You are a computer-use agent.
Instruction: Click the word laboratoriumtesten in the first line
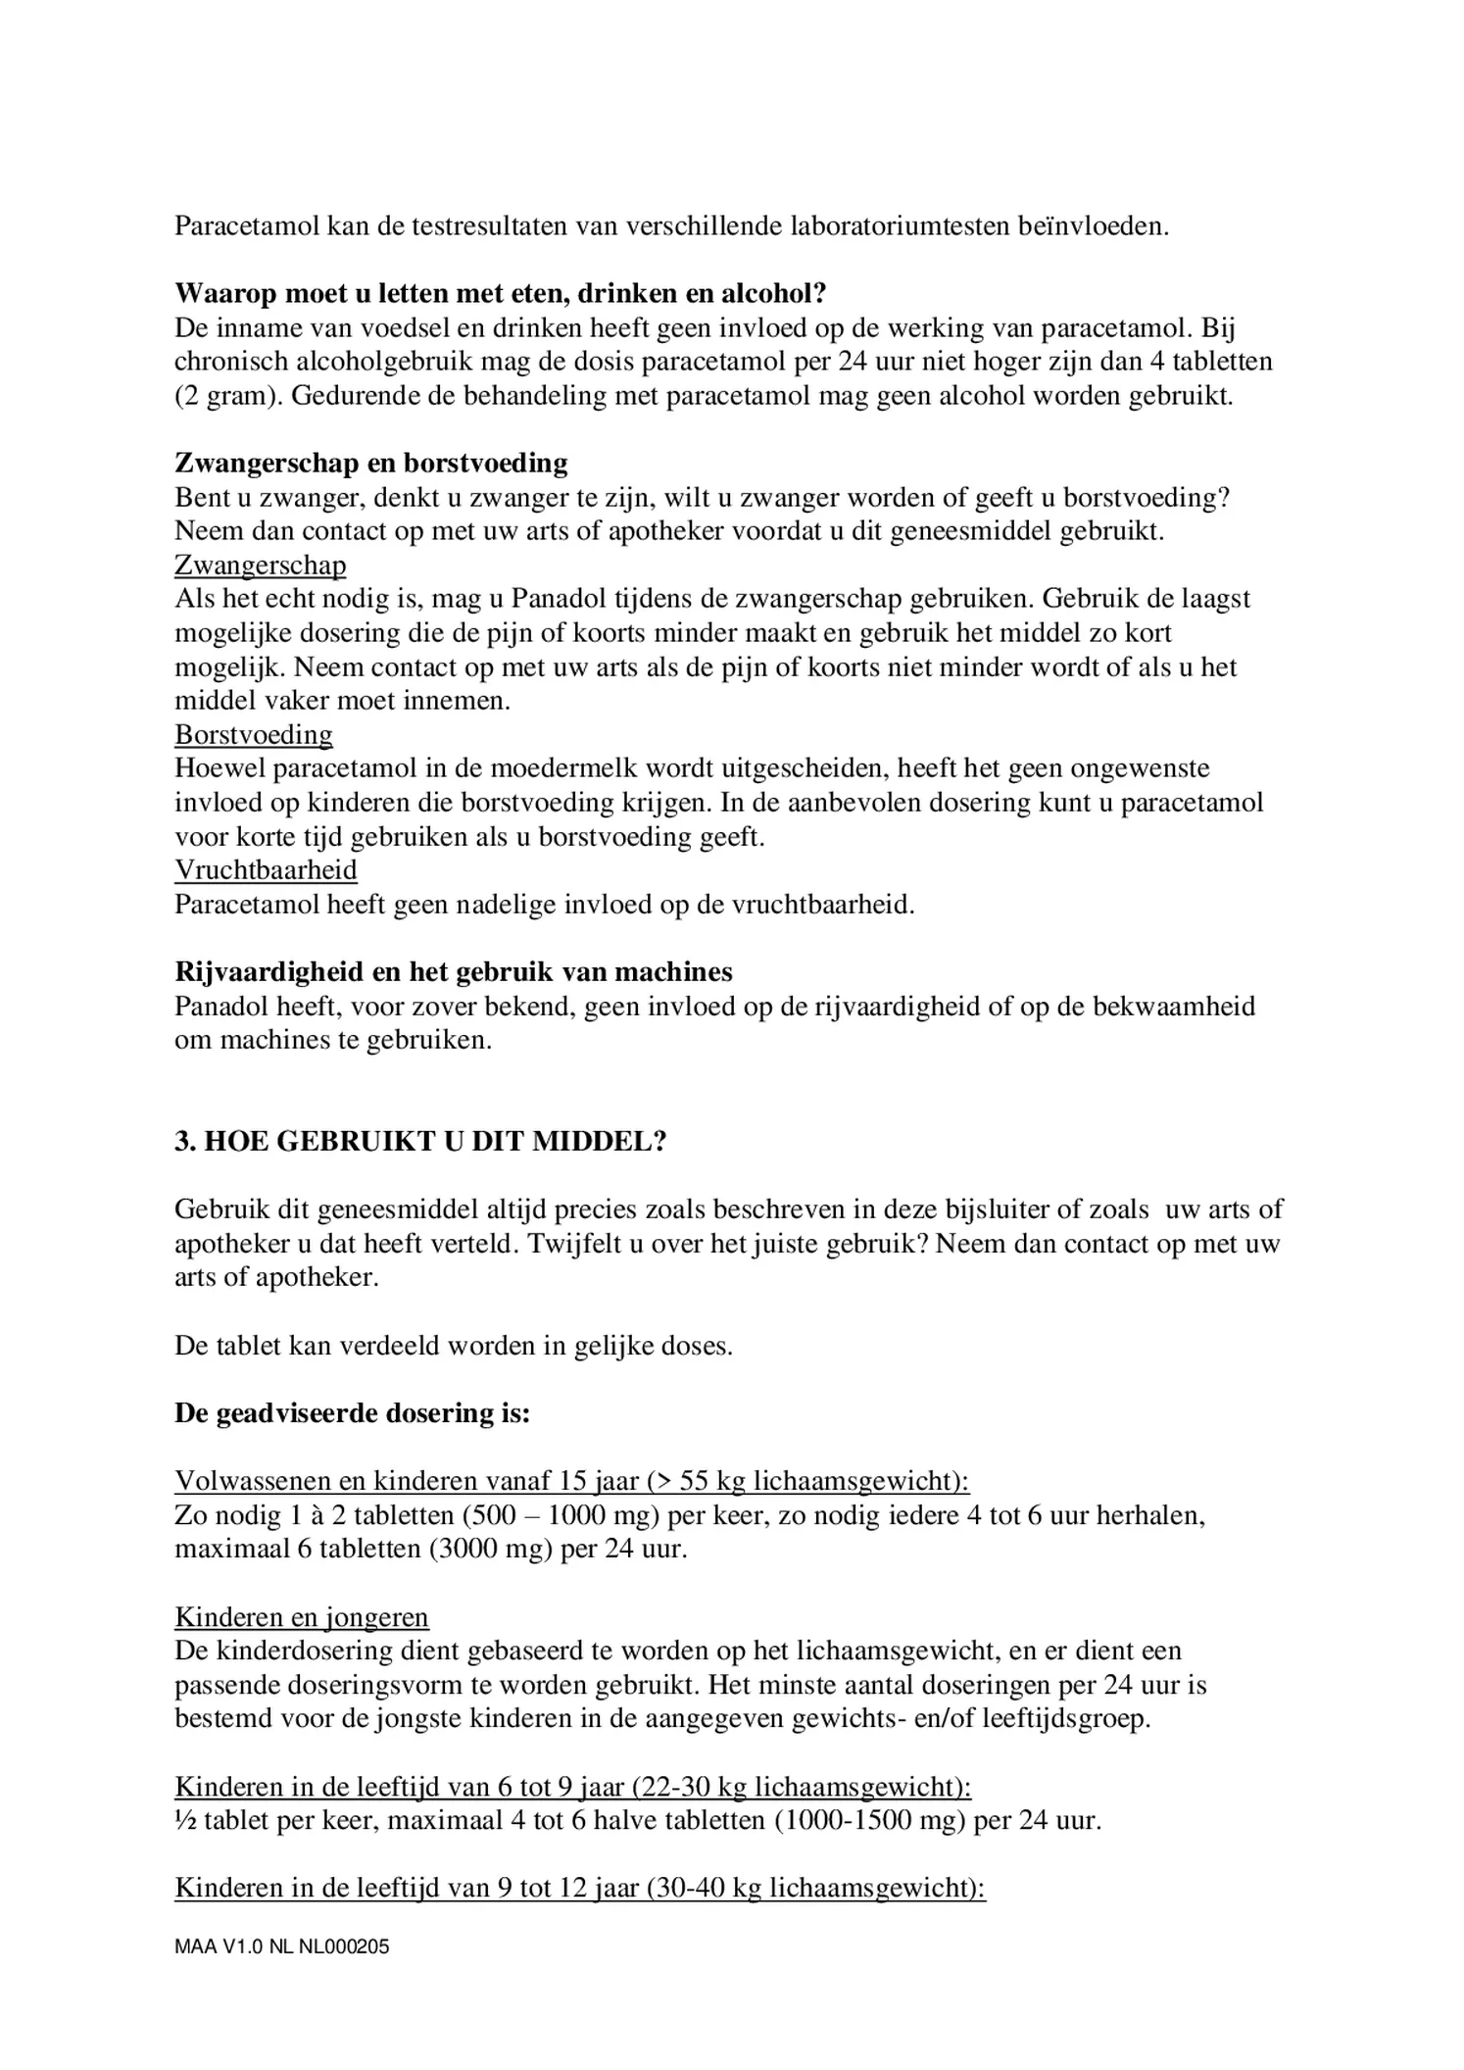tap(897, 226)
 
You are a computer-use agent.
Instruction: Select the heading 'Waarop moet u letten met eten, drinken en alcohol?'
tap(501, 293)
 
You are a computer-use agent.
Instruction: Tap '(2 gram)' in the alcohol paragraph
tap(228, 396)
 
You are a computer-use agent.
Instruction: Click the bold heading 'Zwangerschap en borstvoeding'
tap(370, 463)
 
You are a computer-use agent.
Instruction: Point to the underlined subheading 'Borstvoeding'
tap(254, 734)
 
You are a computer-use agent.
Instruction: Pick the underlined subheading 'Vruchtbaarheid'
tap(266, 869)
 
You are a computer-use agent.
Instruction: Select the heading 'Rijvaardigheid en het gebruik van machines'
tap(454, 971)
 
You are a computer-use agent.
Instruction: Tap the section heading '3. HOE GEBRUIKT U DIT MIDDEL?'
tap(420, 1142)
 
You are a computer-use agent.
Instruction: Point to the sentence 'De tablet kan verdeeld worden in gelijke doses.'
tap(454, 1346)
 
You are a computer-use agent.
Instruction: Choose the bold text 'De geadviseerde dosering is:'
tap(352, 1413)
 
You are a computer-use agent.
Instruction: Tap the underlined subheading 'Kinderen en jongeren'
tap(302, 1617)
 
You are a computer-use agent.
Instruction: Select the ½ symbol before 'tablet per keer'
tap(185, 1821)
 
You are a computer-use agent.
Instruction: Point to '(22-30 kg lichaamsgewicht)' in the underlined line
tap(801, 1787)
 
